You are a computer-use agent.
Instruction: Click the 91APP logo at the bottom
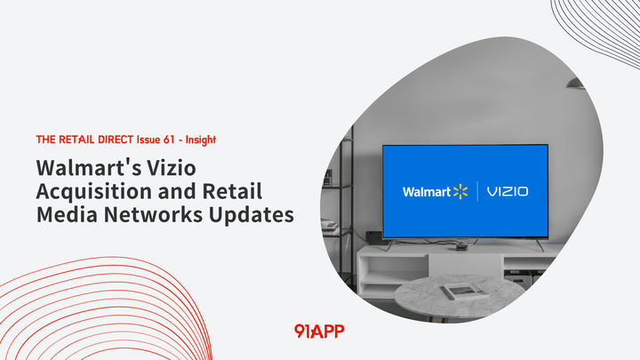318,331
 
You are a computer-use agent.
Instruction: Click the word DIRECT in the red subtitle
114,140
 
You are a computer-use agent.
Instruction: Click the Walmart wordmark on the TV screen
427,192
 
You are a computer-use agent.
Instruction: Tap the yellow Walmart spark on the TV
460,191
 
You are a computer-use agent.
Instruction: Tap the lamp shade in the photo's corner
576,83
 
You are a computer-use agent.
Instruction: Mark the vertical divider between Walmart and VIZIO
478,191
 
